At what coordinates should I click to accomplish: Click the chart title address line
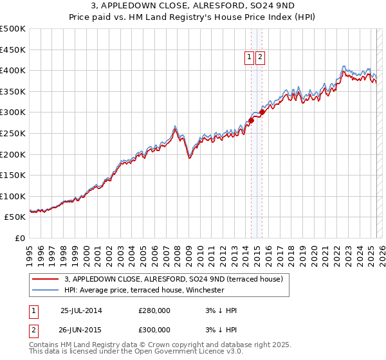point(193,6)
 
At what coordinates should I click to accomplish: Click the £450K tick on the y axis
point(13,50)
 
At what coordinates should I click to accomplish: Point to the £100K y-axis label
point(13,196)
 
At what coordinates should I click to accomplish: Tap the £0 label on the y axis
point(19,238)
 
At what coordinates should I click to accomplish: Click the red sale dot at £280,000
point(252,120)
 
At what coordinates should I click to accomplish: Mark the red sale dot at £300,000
point(262,112)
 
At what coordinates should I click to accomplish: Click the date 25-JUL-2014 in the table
point(81,310)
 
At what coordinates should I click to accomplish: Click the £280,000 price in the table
point(154,310)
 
